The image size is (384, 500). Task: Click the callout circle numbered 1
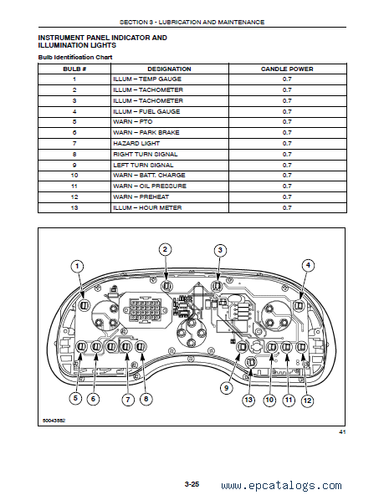[x=77, y=266]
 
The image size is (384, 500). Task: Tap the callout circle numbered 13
[x=248, y=400]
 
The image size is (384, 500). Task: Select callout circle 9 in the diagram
[x=227, y=388]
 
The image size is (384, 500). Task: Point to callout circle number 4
[x=308, y=265]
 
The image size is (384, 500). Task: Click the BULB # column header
[x=74, y=69]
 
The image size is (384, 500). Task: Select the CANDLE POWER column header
[x=287, y=69]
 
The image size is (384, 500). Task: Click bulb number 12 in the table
[x=74, y=197]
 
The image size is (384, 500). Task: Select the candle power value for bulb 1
[x=287, y=79]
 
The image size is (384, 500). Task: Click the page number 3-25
[x=192, y=484]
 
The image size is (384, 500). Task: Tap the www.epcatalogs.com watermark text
[x=281, y=486]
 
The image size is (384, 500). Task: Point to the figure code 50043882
[x=54, y=421]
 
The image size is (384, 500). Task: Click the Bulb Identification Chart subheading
[x=75, y=58]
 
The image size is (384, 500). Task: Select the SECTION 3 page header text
[x=192, y=22]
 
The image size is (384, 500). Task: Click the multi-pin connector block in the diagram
[x=147, y=309]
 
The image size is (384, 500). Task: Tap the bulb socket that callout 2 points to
[x=166, y=286]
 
